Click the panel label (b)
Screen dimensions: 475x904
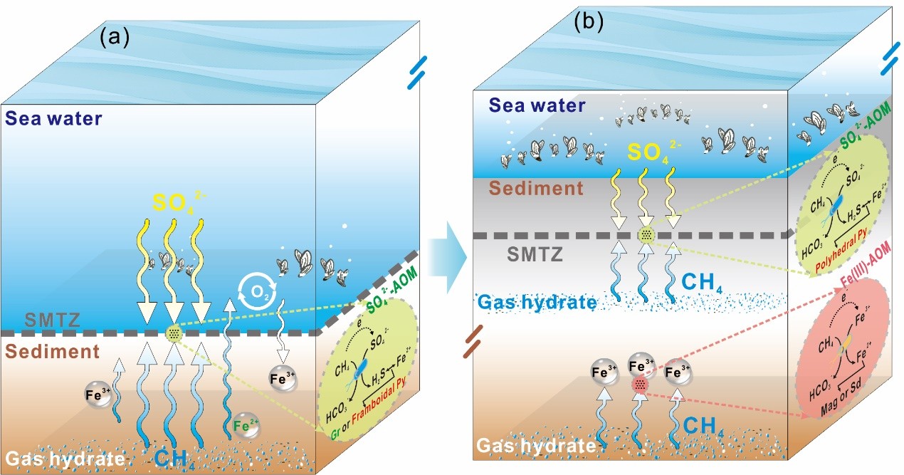pyautogui.click(x=588, y=22)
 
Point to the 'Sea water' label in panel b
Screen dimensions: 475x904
pyautogui.click(x=537, y=106)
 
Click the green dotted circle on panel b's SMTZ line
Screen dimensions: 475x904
pyautogui.click(x=646, y=234)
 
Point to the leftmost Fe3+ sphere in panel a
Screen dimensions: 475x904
pyautogui.click(x=98, y=395)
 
